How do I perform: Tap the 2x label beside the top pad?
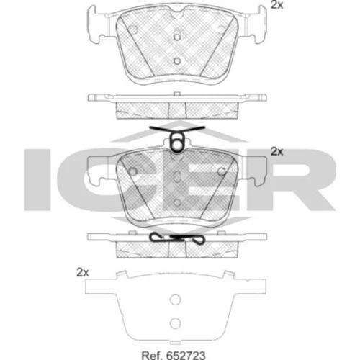click(x=277, y=5)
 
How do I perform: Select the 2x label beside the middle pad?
click(x=277, y=151)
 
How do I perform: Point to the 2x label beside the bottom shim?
click(x=83, y=273)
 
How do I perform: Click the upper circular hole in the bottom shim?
click(x=175, y=300)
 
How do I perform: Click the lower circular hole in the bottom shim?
click(x=175, y=323)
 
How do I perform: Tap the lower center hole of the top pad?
click(x=177, y=61)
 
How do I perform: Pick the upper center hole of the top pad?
click(x=177, y=37)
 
